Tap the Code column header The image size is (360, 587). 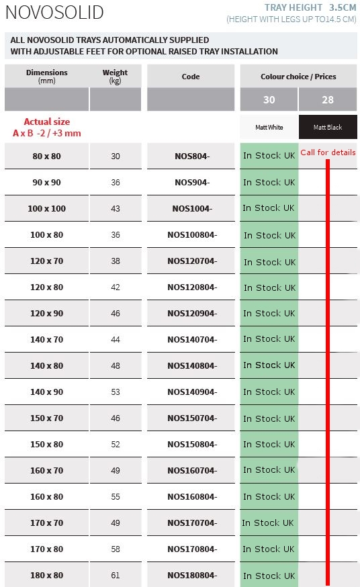(x=191, y=77)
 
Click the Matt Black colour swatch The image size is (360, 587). (x=328, y=127)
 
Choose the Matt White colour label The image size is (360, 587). (x=269, y=127)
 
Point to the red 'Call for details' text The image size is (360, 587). (x=328, y=152)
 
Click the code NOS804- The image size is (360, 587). (x=192, y=156)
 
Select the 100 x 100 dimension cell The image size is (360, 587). (x=47, y=208)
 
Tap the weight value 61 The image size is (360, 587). (x=116, y=575)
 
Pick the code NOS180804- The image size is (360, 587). (x=192, y=575)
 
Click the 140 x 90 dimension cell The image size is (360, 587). (x=47, y=392)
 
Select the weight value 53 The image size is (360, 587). (x=116, y=392)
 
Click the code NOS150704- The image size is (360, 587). (x=192, y=418)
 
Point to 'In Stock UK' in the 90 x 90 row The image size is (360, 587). (x=269, y=182)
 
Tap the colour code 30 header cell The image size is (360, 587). (x=269, y=99)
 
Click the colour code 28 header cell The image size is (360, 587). (x=328, y=99)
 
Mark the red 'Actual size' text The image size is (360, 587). (x=47, y=122)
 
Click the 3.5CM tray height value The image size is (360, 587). (x=343, y=7)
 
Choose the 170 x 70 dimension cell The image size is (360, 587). (x=47, y=523)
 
